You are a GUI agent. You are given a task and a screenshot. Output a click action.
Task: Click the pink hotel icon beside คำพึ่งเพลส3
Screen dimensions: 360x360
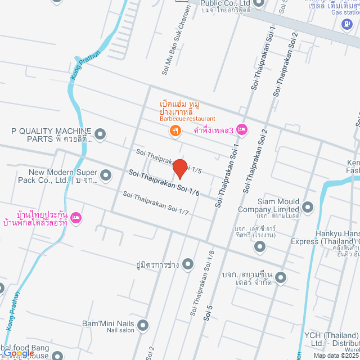242,130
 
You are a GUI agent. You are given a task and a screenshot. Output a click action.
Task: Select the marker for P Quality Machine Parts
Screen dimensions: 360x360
100,134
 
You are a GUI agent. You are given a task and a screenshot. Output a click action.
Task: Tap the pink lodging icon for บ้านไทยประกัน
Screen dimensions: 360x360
77,218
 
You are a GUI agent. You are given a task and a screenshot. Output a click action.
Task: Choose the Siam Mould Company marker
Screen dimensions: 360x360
307,206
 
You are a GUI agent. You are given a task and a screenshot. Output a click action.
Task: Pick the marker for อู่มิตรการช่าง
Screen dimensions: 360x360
188,263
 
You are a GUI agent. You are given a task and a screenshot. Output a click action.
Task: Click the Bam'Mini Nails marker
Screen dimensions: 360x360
143,325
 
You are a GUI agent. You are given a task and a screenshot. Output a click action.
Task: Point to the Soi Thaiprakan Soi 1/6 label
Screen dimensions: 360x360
164,183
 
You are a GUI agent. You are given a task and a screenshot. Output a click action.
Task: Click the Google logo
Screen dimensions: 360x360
19,353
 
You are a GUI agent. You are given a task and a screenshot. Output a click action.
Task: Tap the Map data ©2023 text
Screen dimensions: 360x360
335,355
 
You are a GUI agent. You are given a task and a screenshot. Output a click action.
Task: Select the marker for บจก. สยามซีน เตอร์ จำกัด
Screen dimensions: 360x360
281,277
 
